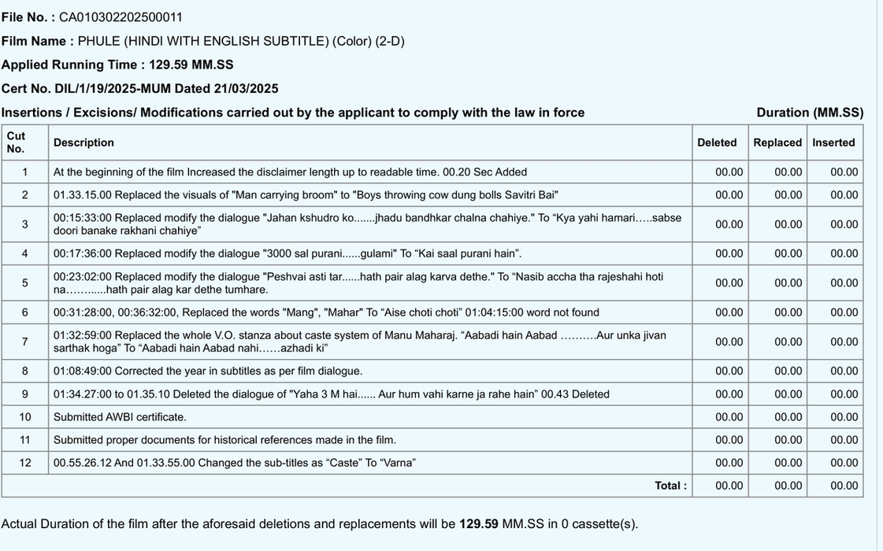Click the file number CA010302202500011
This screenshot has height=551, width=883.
click(121, 17)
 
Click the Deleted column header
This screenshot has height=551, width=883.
click(717, 142)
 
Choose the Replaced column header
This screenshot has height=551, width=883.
click(777, 142)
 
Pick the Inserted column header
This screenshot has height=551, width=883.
click(833, 142)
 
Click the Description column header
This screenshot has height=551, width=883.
click(83, 142)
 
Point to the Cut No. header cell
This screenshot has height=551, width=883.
click(17, 142)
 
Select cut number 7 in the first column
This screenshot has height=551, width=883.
click(24, 342)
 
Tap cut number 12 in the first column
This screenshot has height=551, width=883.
click(25, 463)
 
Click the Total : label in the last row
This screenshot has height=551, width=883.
click(670, 486)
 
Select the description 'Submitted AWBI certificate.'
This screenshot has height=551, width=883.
click(120, 417)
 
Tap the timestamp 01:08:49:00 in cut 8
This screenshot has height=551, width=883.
click(82, 371)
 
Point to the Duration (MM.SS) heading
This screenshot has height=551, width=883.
click(810, 113)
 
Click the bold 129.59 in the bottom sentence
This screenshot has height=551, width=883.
click(479, 524)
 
